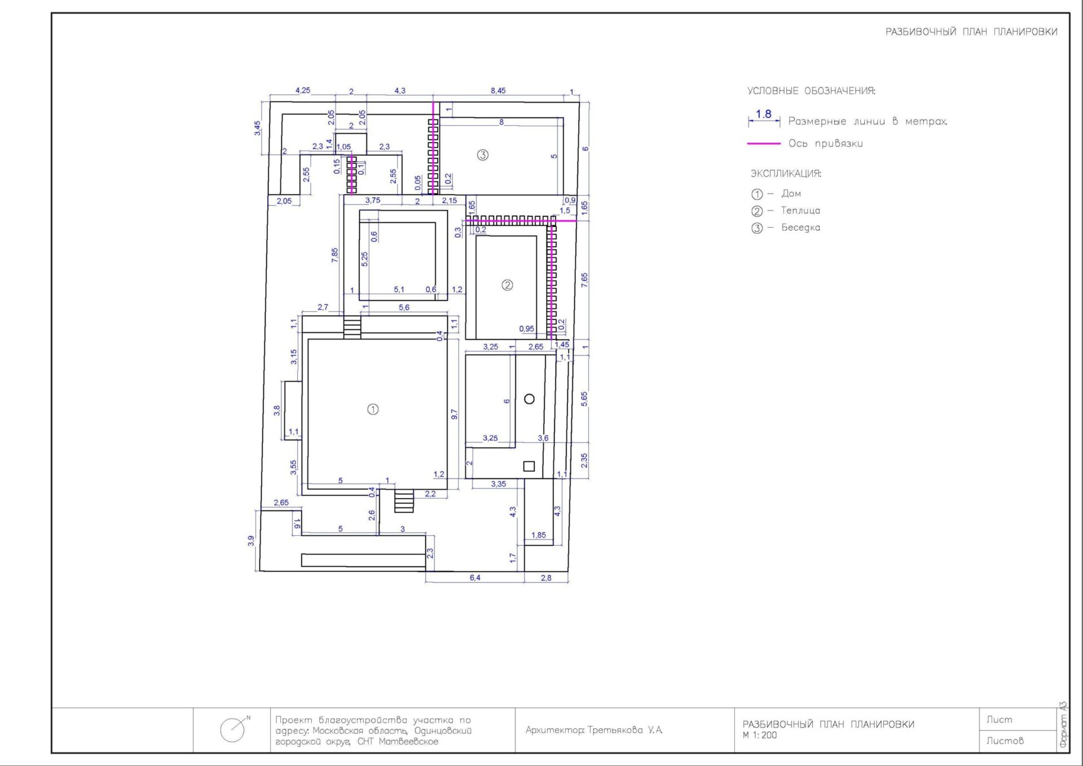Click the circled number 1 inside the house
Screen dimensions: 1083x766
click(x=373, y=410)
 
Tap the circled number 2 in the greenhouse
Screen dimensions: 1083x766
click(x=507, y=285)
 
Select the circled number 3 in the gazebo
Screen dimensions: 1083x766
click(x=482, y=155)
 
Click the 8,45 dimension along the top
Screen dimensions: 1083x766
click(x=498, y=91)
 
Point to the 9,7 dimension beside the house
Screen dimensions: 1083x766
click(x=455, y=415)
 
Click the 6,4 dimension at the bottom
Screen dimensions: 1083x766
click(x=475, y=578)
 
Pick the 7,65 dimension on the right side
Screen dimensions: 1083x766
click(x=584, y=280)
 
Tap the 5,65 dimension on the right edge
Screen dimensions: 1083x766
click(x=584, y=399)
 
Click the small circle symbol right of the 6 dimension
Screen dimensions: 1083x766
click(x=529, y=399)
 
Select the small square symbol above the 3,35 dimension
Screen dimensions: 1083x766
click(x=529, y=466)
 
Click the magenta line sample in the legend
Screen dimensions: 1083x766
click(x=764, y=144)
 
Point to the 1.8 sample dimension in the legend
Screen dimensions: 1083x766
click(x=764, y=115)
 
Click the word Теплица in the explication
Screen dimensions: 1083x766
click(x=800, y=210)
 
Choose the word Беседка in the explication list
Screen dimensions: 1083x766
click(x=800, y=227)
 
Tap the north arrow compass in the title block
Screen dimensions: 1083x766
click(x=234, y=729)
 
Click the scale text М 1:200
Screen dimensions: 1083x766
click(x=760, y=735)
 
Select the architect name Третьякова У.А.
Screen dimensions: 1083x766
click(x=625, y=730)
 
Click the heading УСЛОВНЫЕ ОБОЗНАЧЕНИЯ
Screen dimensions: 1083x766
click(x=811, y=91)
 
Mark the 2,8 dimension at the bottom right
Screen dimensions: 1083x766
click(x=546, y=578)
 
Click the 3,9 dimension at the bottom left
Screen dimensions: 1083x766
click(x=251, y=541)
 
